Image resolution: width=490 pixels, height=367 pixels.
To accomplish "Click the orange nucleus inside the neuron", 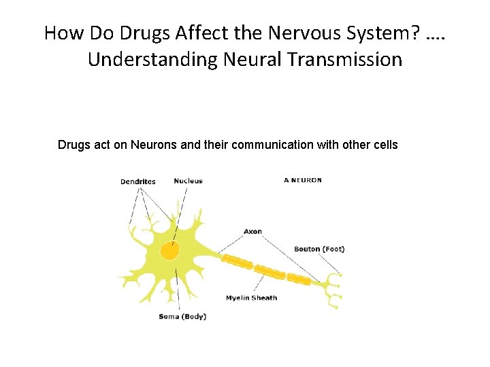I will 169,251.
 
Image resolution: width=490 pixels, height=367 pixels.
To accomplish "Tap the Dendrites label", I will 138,181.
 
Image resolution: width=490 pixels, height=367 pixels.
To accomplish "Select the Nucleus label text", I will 188,181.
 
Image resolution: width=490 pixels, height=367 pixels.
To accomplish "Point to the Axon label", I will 252,232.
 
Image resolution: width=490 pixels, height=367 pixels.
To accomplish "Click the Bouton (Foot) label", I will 319,249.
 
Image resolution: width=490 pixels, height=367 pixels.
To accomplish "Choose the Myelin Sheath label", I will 251,298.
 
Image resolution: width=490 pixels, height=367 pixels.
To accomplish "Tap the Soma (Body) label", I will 182,317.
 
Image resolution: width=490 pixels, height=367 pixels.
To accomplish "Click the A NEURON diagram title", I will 303,180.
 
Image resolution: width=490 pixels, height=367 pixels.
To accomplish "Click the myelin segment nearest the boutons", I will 299,279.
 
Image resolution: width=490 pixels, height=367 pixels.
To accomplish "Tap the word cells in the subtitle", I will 385,145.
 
